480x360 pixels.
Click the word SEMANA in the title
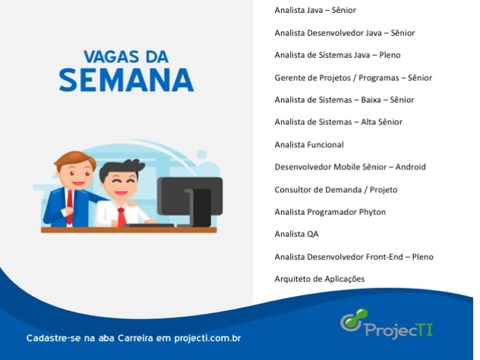point(126,80)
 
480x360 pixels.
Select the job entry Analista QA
point(296,234)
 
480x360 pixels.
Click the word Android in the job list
point(411,167)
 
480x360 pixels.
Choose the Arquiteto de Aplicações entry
point(320,279)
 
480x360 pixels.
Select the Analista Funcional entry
point(309,144)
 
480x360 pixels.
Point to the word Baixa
point(371,99)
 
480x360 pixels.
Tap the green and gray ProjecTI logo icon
point(354,320)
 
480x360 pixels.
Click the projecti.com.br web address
point(207,339)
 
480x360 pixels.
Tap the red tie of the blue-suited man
point(70,207)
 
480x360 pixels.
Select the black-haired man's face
point(120,183)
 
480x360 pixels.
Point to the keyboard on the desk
point(149,226)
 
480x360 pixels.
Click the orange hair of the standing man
point(75,159)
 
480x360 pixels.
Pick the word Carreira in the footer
point(135,338)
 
